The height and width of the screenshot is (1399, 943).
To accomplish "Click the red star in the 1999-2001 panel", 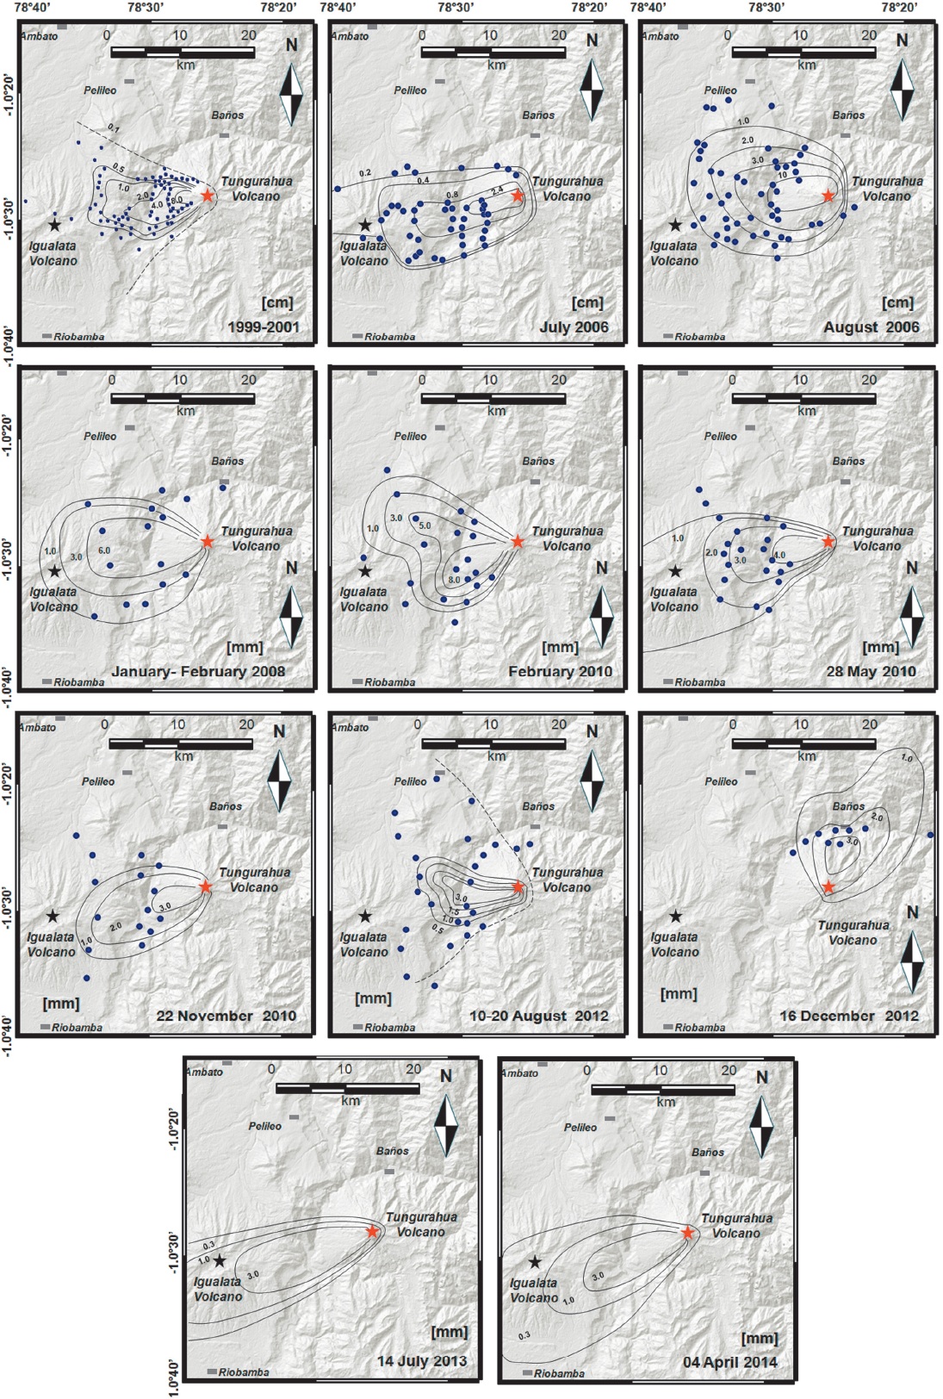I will coord(207,196).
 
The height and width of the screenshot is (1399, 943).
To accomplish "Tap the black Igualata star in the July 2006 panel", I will coord(365,225).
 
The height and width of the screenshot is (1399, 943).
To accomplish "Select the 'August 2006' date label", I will coord(871,327).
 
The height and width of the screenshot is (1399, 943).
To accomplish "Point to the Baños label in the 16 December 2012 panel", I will coord(848,806).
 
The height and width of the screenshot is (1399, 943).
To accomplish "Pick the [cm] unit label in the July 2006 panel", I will coord(588,302).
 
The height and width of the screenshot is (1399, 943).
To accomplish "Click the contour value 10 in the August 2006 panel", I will coord(782,174).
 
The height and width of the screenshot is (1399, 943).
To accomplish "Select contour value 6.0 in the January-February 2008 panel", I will coord(104,550).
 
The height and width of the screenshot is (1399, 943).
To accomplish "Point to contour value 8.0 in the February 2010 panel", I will coord(454,580).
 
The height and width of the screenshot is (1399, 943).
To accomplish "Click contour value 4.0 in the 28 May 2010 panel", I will coord(779,556).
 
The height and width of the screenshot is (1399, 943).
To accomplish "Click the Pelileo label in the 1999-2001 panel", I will coord(100,90).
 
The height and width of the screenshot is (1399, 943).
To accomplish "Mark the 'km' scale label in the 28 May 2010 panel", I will coord(806,411).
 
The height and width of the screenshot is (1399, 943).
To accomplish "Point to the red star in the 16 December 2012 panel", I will coord(828,887).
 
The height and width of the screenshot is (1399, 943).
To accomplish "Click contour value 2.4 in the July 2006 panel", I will coord(497,190).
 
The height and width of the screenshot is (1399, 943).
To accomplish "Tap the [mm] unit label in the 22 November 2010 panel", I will coord(61,1003).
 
